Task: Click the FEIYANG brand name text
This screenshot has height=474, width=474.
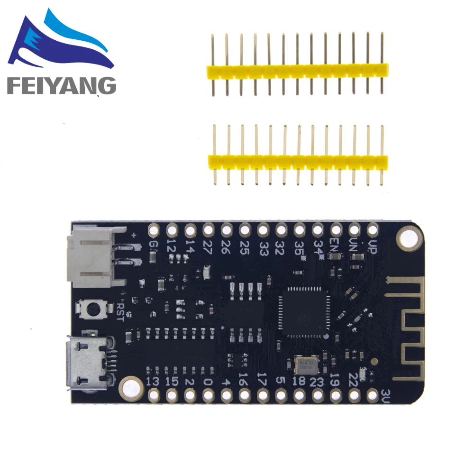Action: coord(61,85)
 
